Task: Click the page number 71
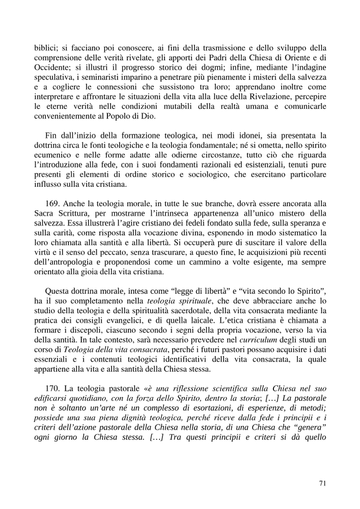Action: tap(322, 484)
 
